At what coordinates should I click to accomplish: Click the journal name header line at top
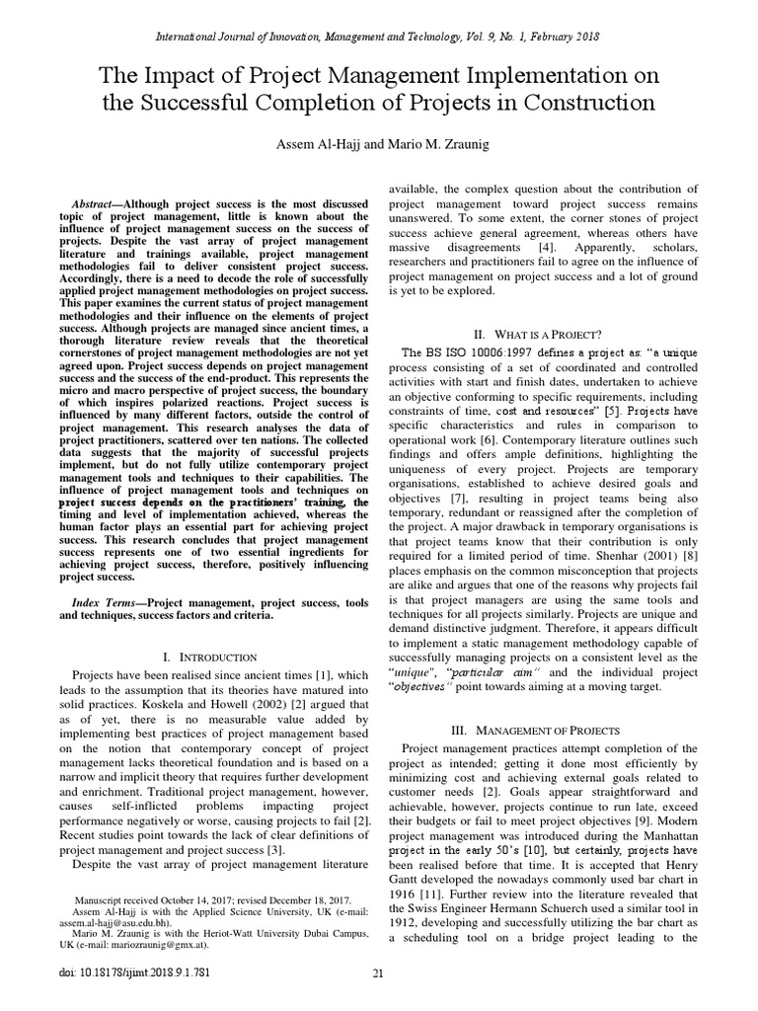click(x=378, y=37)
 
